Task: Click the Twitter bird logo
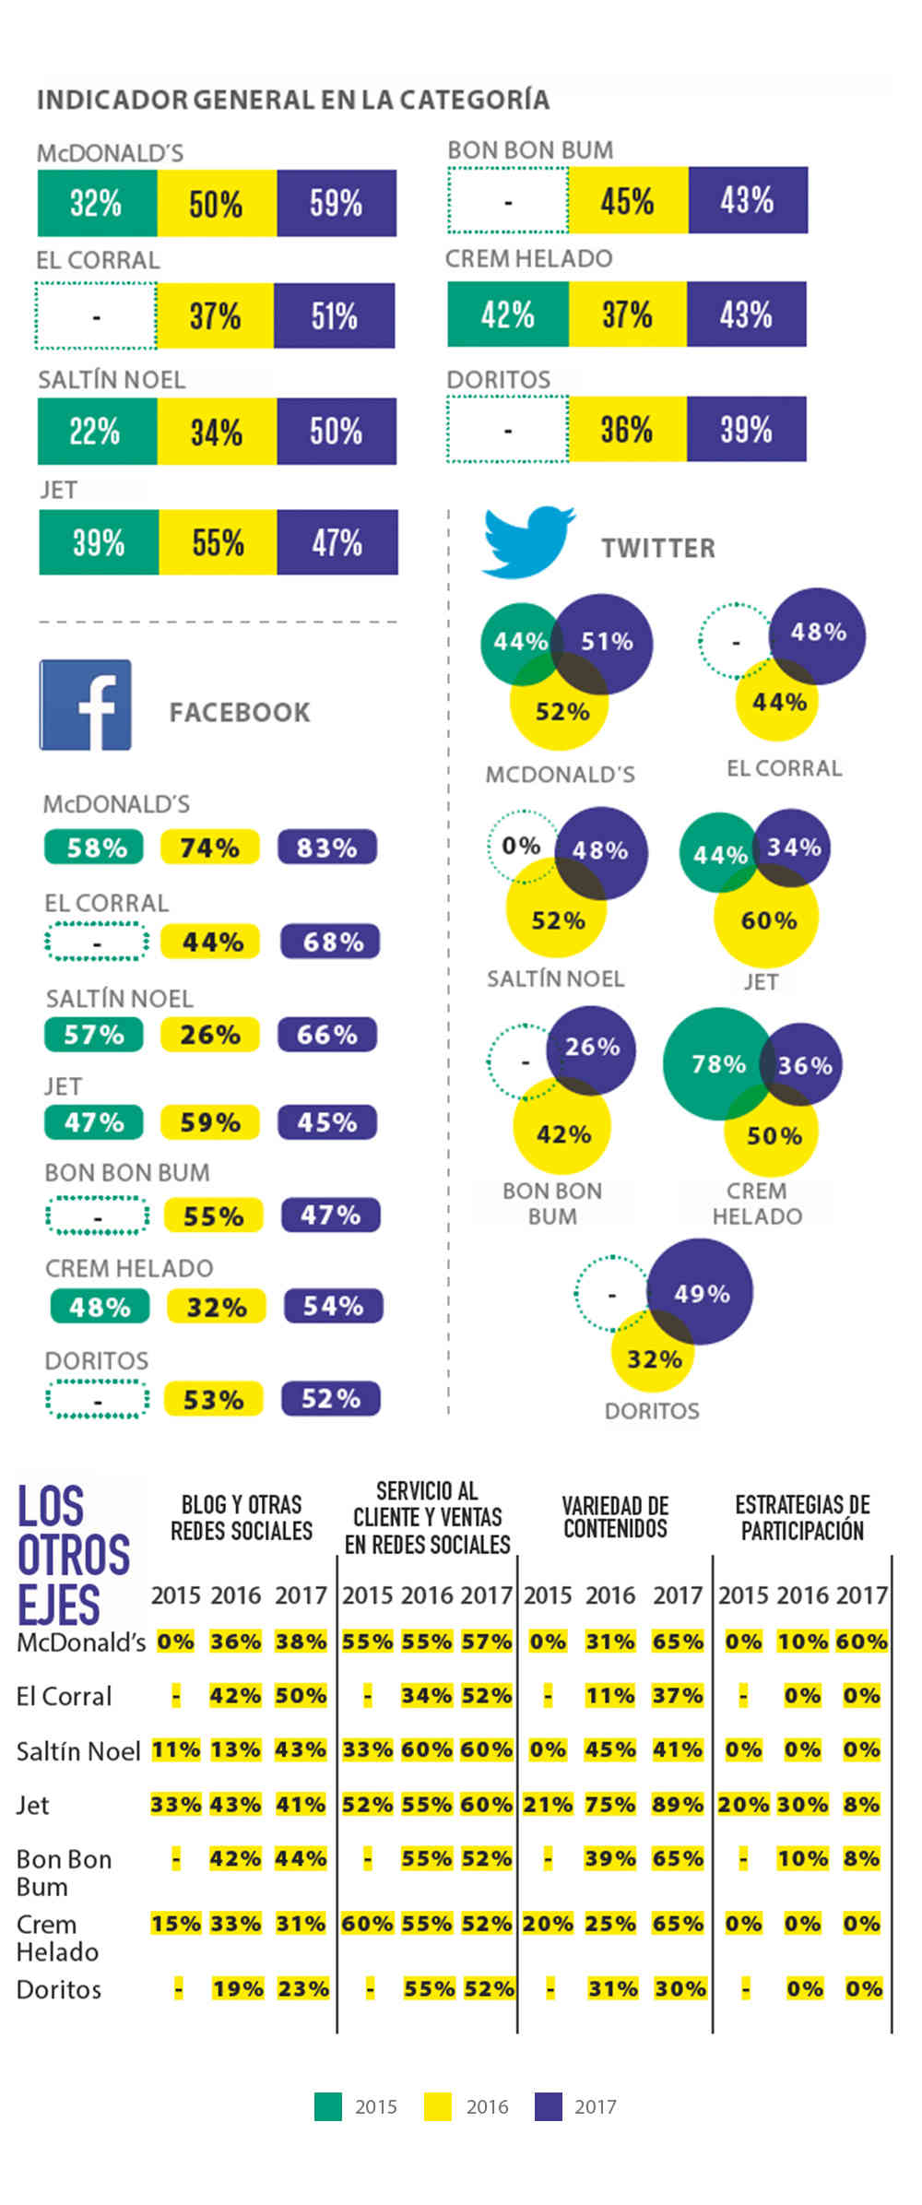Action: [527, 542]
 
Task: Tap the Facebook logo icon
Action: [85, 705]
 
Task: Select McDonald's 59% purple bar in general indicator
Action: [337, 203]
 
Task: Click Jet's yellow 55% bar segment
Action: [218, 542]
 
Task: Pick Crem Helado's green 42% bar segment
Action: [508, 315]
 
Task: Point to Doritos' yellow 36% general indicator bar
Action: [627, 429]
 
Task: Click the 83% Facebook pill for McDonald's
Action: [327, 848]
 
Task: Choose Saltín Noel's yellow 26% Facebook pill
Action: [210, 1035]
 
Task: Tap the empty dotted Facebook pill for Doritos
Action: [97, 1399]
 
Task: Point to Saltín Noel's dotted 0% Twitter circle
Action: [521, 845]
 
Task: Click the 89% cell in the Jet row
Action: [678, 1804]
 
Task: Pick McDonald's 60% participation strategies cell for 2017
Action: [861, 1642]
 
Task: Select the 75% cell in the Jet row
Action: [610, 1804]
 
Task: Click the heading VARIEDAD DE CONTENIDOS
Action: [615, 1517]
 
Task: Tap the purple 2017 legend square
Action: [549, 2106]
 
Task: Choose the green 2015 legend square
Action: [328, 2106]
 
